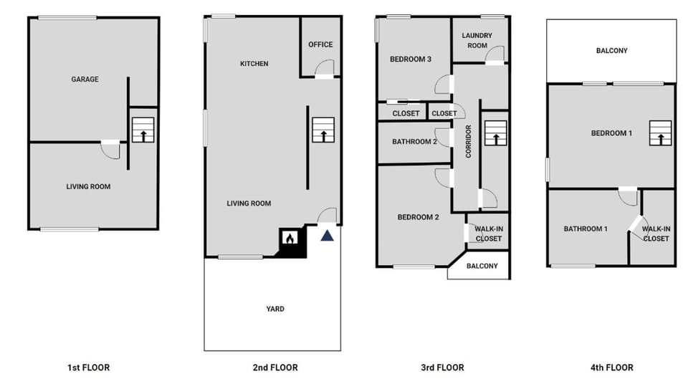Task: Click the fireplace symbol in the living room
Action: [x=289, y=239]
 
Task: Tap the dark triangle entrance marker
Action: [x=328, y=235]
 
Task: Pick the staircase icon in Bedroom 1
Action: [x=661, y=133]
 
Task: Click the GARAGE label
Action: [x=85, y=80]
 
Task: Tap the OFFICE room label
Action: [x=320, y=44]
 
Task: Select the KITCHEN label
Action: [x=254, y=64]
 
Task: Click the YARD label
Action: [x=275, y=309]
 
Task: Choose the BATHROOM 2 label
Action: [x=414, y=142]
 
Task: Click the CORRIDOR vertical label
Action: [x=468, y=141]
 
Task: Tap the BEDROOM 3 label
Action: [x=410, y=59]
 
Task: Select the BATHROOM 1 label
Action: [x=586, y=229]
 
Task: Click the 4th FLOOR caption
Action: [x=611, y=368]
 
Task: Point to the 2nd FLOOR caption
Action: [x=275, y=368]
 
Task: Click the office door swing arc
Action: [x=324, y=68]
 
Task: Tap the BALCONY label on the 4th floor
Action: [x=611, y=51]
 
